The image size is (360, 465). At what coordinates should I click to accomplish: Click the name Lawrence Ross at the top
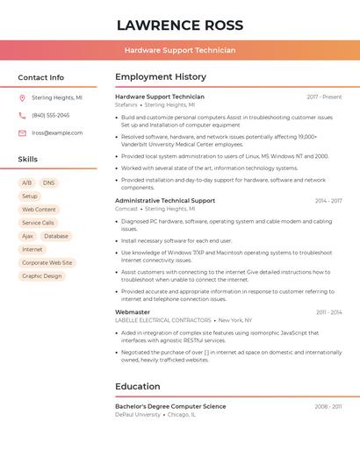180,25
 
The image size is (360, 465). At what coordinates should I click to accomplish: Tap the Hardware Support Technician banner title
180,50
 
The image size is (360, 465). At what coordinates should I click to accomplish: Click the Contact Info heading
40,77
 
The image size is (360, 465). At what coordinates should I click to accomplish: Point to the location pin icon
22,98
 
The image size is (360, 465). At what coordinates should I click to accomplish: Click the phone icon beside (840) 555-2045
22,115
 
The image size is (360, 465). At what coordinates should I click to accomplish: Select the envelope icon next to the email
22,133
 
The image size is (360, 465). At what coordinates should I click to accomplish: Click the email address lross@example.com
57,133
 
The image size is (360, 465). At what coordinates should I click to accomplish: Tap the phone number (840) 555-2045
50,115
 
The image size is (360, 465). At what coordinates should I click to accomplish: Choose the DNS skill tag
48,183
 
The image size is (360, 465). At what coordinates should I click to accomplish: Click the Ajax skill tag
27,236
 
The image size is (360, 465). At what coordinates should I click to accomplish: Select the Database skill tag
55,236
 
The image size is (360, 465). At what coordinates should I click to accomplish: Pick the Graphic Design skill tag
42,275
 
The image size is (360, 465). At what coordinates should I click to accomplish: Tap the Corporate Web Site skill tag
47,262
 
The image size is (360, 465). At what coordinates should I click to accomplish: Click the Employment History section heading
160,77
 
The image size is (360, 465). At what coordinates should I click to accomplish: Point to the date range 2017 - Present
324,97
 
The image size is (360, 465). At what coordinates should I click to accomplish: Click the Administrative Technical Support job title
165,201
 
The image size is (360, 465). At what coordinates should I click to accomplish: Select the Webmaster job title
133,312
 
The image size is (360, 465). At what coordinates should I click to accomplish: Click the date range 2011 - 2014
328,312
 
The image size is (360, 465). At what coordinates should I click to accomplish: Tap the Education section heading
137,386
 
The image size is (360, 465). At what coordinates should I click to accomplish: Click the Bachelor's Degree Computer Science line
170,406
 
